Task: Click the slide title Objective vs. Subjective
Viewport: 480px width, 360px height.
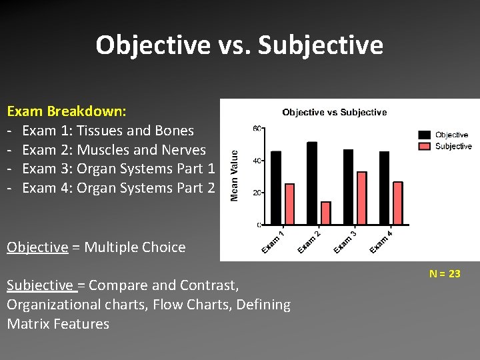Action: [239, 45]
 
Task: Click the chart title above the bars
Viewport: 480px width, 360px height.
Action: [334, 112]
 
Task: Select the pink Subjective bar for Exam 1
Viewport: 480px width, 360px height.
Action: [289, 204]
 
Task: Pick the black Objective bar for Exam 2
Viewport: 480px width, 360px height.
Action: [312, 183]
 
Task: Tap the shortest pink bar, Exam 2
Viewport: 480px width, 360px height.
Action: [325, 213]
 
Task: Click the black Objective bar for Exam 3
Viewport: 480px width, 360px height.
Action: [348, 187]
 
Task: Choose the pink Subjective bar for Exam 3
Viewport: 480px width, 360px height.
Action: [361, 198]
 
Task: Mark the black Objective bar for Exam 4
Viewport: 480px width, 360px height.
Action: [384, 188]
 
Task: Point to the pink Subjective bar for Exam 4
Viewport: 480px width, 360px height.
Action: [398, 203]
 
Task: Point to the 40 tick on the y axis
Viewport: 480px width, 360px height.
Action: [256, 160]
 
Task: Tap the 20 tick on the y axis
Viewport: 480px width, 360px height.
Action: [256, 193]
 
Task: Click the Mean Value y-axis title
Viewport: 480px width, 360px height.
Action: [234, 175]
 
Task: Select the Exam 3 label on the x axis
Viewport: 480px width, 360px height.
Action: [345, 241]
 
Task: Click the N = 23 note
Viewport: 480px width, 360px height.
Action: [445, 274]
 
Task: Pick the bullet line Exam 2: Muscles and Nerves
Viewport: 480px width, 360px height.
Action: [114, 150]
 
